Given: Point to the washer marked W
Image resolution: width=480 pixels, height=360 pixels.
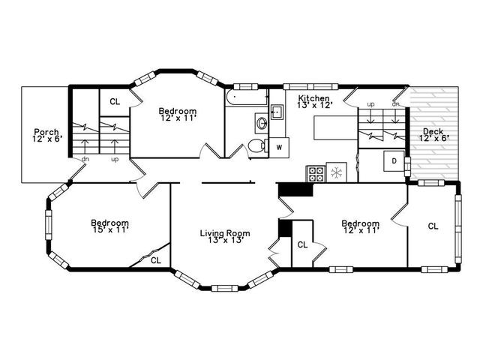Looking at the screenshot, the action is [279, 148].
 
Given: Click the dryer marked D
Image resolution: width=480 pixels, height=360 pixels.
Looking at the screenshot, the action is [394, 160].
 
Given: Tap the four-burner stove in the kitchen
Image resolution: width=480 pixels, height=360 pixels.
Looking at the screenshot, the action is [316, 174].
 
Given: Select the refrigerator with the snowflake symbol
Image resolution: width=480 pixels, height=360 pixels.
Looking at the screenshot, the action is [337, 172].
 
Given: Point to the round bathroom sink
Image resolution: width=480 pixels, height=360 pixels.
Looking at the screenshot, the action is [262, 123].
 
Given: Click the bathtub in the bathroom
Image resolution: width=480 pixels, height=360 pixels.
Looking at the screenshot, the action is [247, 97].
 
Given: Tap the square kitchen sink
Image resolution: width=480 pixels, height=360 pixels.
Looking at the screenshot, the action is [277, 112].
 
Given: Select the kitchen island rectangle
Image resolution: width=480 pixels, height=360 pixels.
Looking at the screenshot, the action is [335, 127].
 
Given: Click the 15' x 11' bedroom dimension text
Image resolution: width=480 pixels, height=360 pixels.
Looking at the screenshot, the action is [110, 229].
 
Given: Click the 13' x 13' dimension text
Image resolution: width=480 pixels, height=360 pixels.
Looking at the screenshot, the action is [226, 240].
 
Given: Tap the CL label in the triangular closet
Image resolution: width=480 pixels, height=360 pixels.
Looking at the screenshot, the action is [156, 260].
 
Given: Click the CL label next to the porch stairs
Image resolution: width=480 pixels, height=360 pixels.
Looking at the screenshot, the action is [115, 102].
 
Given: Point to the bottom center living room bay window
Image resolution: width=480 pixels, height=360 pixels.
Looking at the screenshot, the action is [225, 288].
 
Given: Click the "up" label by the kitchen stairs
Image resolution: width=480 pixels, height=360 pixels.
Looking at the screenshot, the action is [370, 104].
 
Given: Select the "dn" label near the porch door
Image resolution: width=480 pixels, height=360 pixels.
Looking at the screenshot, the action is [85, 159].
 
